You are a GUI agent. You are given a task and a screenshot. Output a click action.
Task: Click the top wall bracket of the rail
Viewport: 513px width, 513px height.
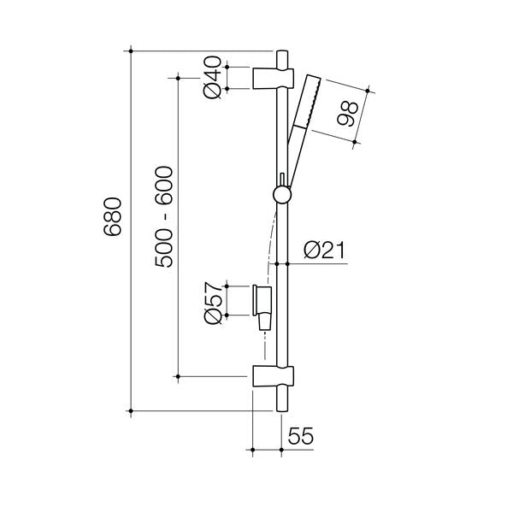pyautogui.click(x=273, y=78)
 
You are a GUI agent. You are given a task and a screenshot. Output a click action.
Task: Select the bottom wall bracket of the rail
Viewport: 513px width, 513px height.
pyautogui.click(x=273, y=375)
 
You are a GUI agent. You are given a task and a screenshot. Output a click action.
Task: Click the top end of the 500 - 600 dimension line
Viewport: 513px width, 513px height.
pyautogui.click(x=178, y=78)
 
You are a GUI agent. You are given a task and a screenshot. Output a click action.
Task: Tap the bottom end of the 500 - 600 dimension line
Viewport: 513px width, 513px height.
pyautogui.click(x=178, y=375)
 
